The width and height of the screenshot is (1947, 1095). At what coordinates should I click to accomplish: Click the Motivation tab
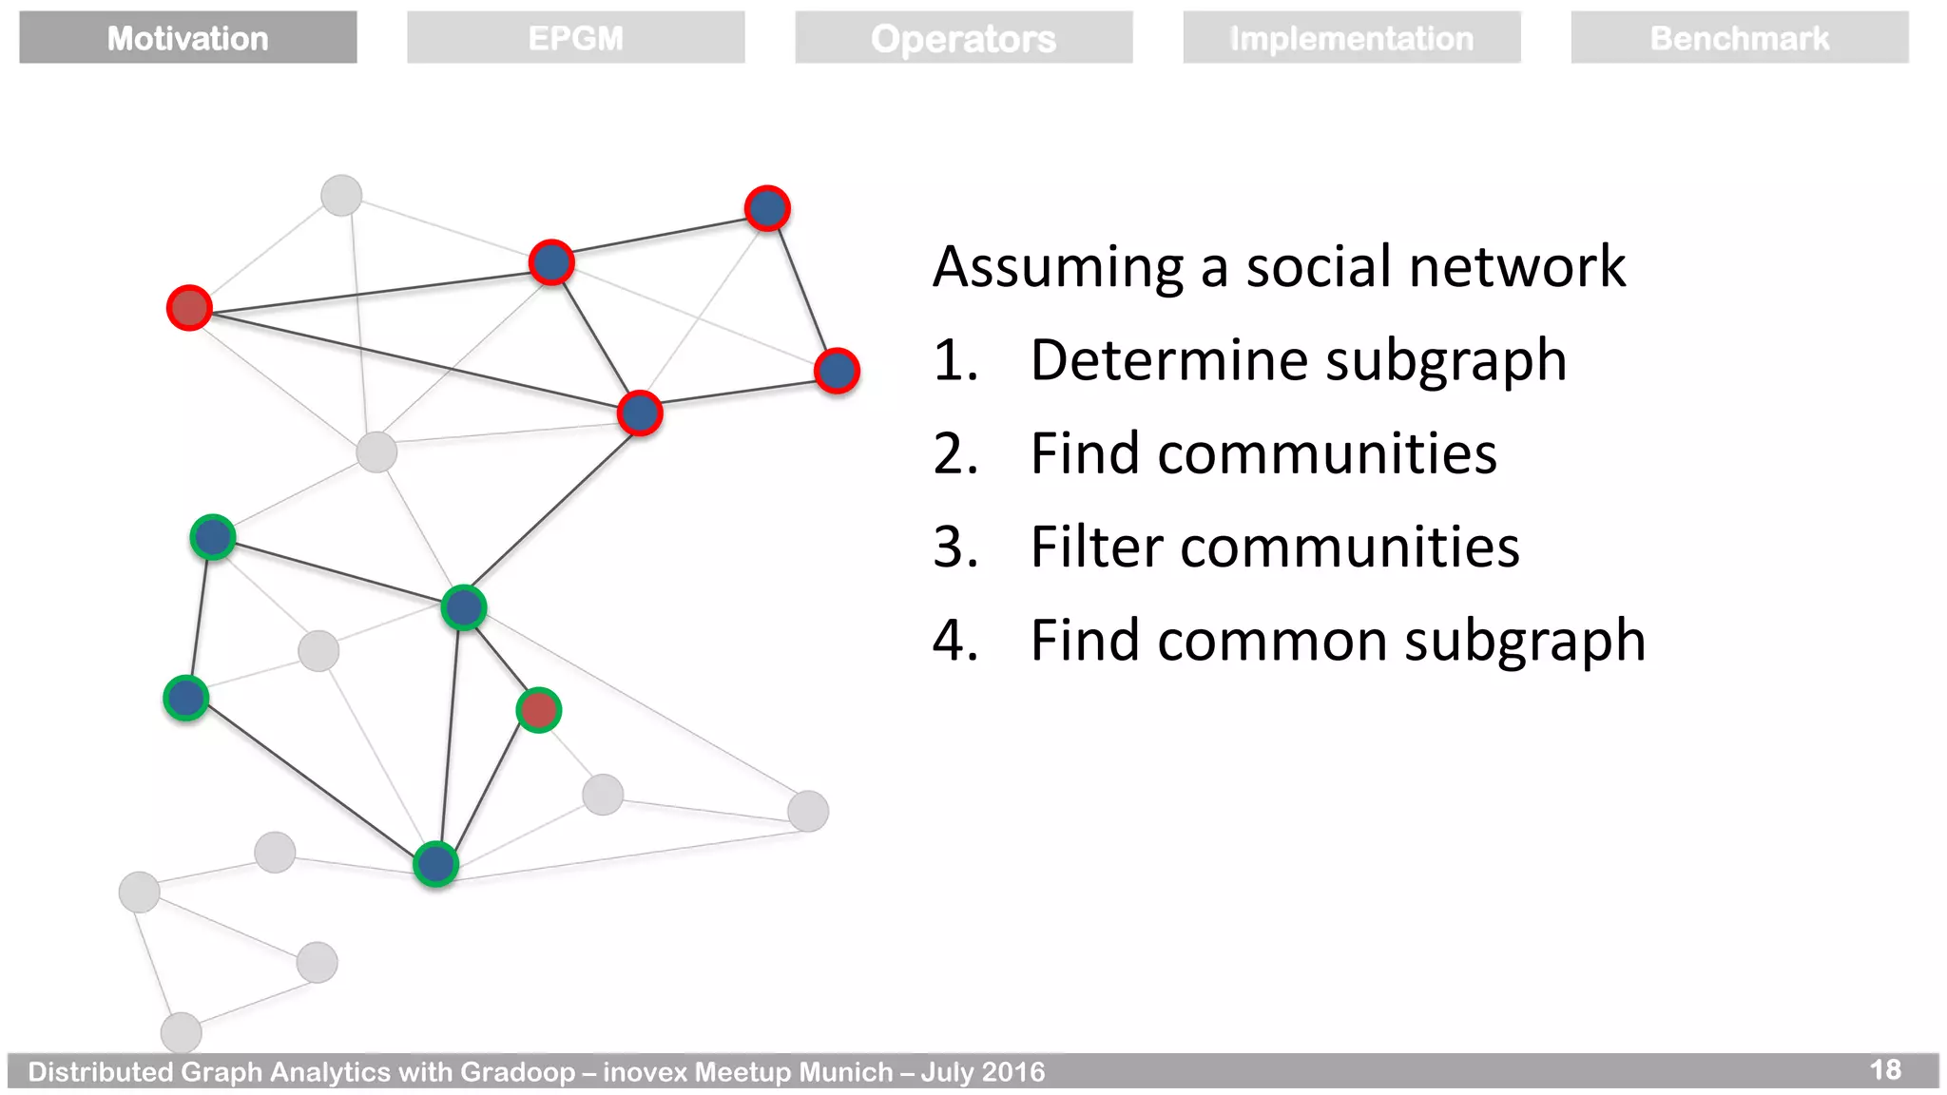(x=187, y=38)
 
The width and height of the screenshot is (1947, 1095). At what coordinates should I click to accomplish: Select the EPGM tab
(x=575, y=38)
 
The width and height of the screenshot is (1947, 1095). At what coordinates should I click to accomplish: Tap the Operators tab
(x=963, y=38)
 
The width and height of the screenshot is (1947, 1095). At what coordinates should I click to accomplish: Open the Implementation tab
(x=1351, y=38)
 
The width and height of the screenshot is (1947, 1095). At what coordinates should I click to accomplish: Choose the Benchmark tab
(x=1739, y=38)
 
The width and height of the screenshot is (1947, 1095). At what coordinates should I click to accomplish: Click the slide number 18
(x=1884, y=1069)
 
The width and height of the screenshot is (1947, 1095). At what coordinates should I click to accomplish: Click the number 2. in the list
(x=954, y=453)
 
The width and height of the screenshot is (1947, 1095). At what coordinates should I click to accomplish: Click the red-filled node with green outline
(x=538, y=710)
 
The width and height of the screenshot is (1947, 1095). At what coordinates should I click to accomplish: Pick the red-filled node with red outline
(x=189, y=307)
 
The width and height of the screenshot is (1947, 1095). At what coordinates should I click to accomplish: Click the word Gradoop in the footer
(x=517, y=1072)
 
